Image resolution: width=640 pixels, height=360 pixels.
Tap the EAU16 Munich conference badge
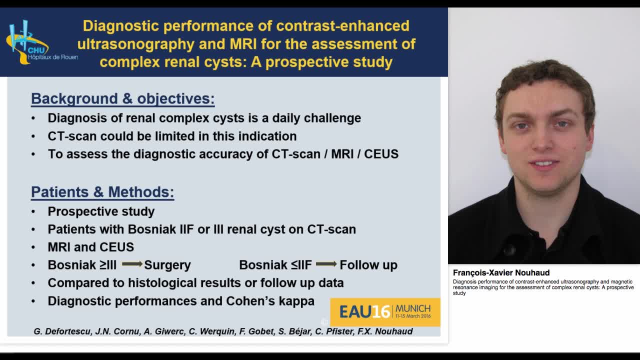click(385, 312)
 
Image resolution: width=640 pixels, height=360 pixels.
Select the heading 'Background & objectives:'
click(122, 98)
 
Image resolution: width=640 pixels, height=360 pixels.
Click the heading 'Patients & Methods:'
click(102, 192)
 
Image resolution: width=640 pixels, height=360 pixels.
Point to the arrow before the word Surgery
click(132, 264)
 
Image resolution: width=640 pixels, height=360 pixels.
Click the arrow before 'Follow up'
click(326, 264)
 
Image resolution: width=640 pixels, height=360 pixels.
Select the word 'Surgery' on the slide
click(167, 265)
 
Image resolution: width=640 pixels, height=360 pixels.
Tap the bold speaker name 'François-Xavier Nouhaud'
click(501, 272)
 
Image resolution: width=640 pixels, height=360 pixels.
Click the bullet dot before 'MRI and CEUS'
click(33, 247)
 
